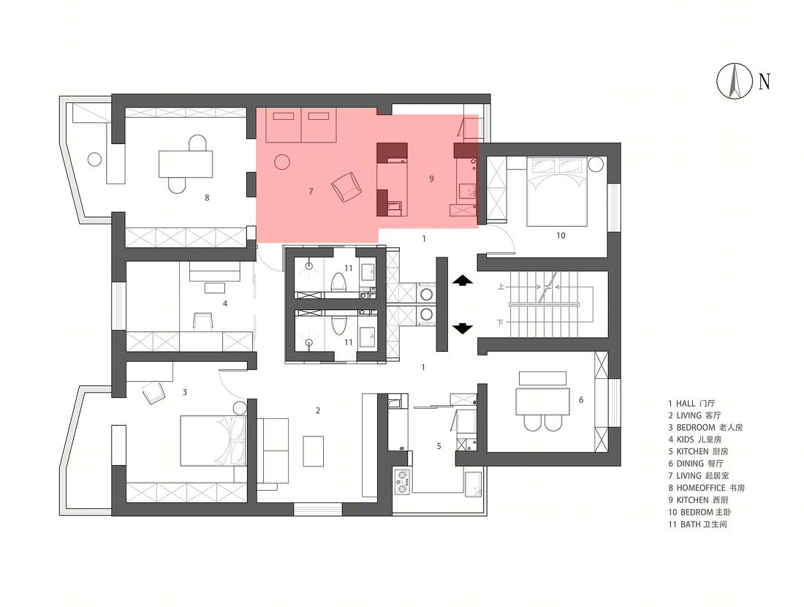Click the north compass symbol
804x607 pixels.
(x=735, y=81)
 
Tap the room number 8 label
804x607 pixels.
(x=207, y=197)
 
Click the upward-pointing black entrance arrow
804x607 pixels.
(x=462, y=280)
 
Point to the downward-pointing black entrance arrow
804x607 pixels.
(x=462, y=328)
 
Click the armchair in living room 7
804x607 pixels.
(x=346, y=186)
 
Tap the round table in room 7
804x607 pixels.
(x=281, y=162)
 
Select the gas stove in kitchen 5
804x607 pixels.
(x=402, y=480)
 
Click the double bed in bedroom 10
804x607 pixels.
(x=557, y=192)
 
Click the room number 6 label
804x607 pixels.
(x=581, y=400)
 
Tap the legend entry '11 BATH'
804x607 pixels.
(x=697, y=524)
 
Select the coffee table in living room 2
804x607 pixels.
(x=313, y=451)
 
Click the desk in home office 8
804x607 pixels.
(x=185, y=164)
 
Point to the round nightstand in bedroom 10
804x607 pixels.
(x=596, y=165)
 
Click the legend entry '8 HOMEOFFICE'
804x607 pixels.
(x=706, y=488)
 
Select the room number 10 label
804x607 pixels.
(x=561, y=235)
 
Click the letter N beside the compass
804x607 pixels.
(x=764, y=81)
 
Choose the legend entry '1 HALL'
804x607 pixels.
(x=691, y=404)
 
